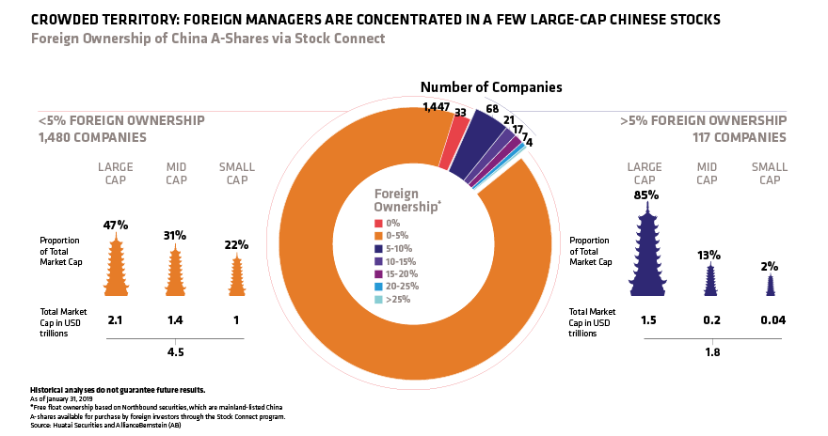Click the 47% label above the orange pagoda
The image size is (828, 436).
(x=116, y=226)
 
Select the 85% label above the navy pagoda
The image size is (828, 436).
(x=645, y=196)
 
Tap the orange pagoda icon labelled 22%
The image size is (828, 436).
(x=235, y=277)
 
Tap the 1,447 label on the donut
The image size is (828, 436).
(x=436, y=107)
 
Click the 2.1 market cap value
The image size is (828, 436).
(x=116, y=320)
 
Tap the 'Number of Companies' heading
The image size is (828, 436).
(x=491, y=87)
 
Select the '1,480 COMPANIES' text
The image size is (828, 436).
(x=91, y=137)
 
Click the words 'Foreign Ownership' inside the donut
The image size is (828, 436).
(x=408, y=200)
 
